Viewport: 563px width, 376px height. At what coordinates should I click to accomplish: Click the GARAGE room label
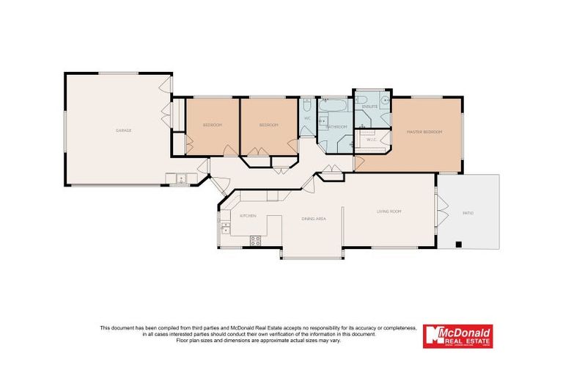pyautogui.click(x=123, y=131)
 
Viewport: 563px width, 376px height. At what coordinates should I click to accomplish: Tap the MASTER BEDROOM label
pyautogui.click(x=424, y=131)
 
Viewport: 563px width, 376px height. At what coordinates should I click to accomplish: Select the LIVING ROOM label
pyautogui.click(x=389, y=211)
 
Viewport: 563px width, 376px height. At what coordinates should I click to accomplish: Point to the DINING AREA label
pyautogui.click(x=314, y=219)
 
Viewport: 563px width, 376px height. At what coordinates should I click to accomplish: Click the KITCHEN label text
pyautogui.click(x=247, y=216)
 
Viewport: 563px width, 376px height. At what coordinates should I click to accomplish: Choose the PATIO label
pyautogui.click(x=467, y=213)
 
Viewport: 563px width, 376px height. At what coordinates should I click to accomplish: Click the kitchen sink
pyautogui.click(x=225, y=228)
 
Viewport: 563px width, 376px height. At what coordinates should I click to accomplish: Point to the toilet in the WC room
pyautogui.click(x=307, y=105)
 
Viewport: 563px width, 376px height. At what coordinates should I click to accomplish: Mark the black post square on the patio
pyautogui.click(x=458, y=244)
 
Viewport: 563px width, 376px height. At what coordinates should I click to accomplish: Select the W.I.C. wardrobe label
pyautogui.click(x=371, y=139)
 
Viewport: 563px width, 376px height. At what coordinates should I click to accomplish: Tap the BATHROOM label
pyautogui.click(x=336, y=127)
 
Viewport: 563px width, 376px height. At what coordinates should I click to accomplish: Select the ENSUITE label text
pyautogui.click(x=370, y=106)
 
